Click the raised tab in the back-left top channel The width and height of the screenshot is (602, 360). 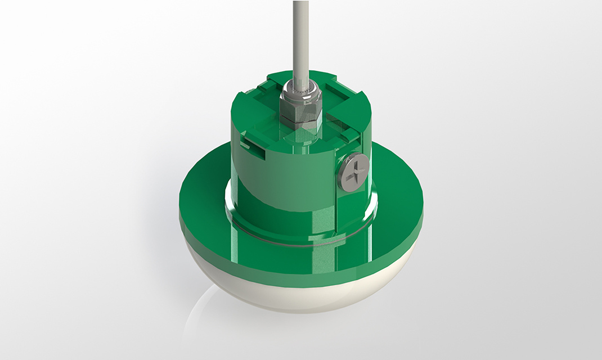[264, 84]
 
